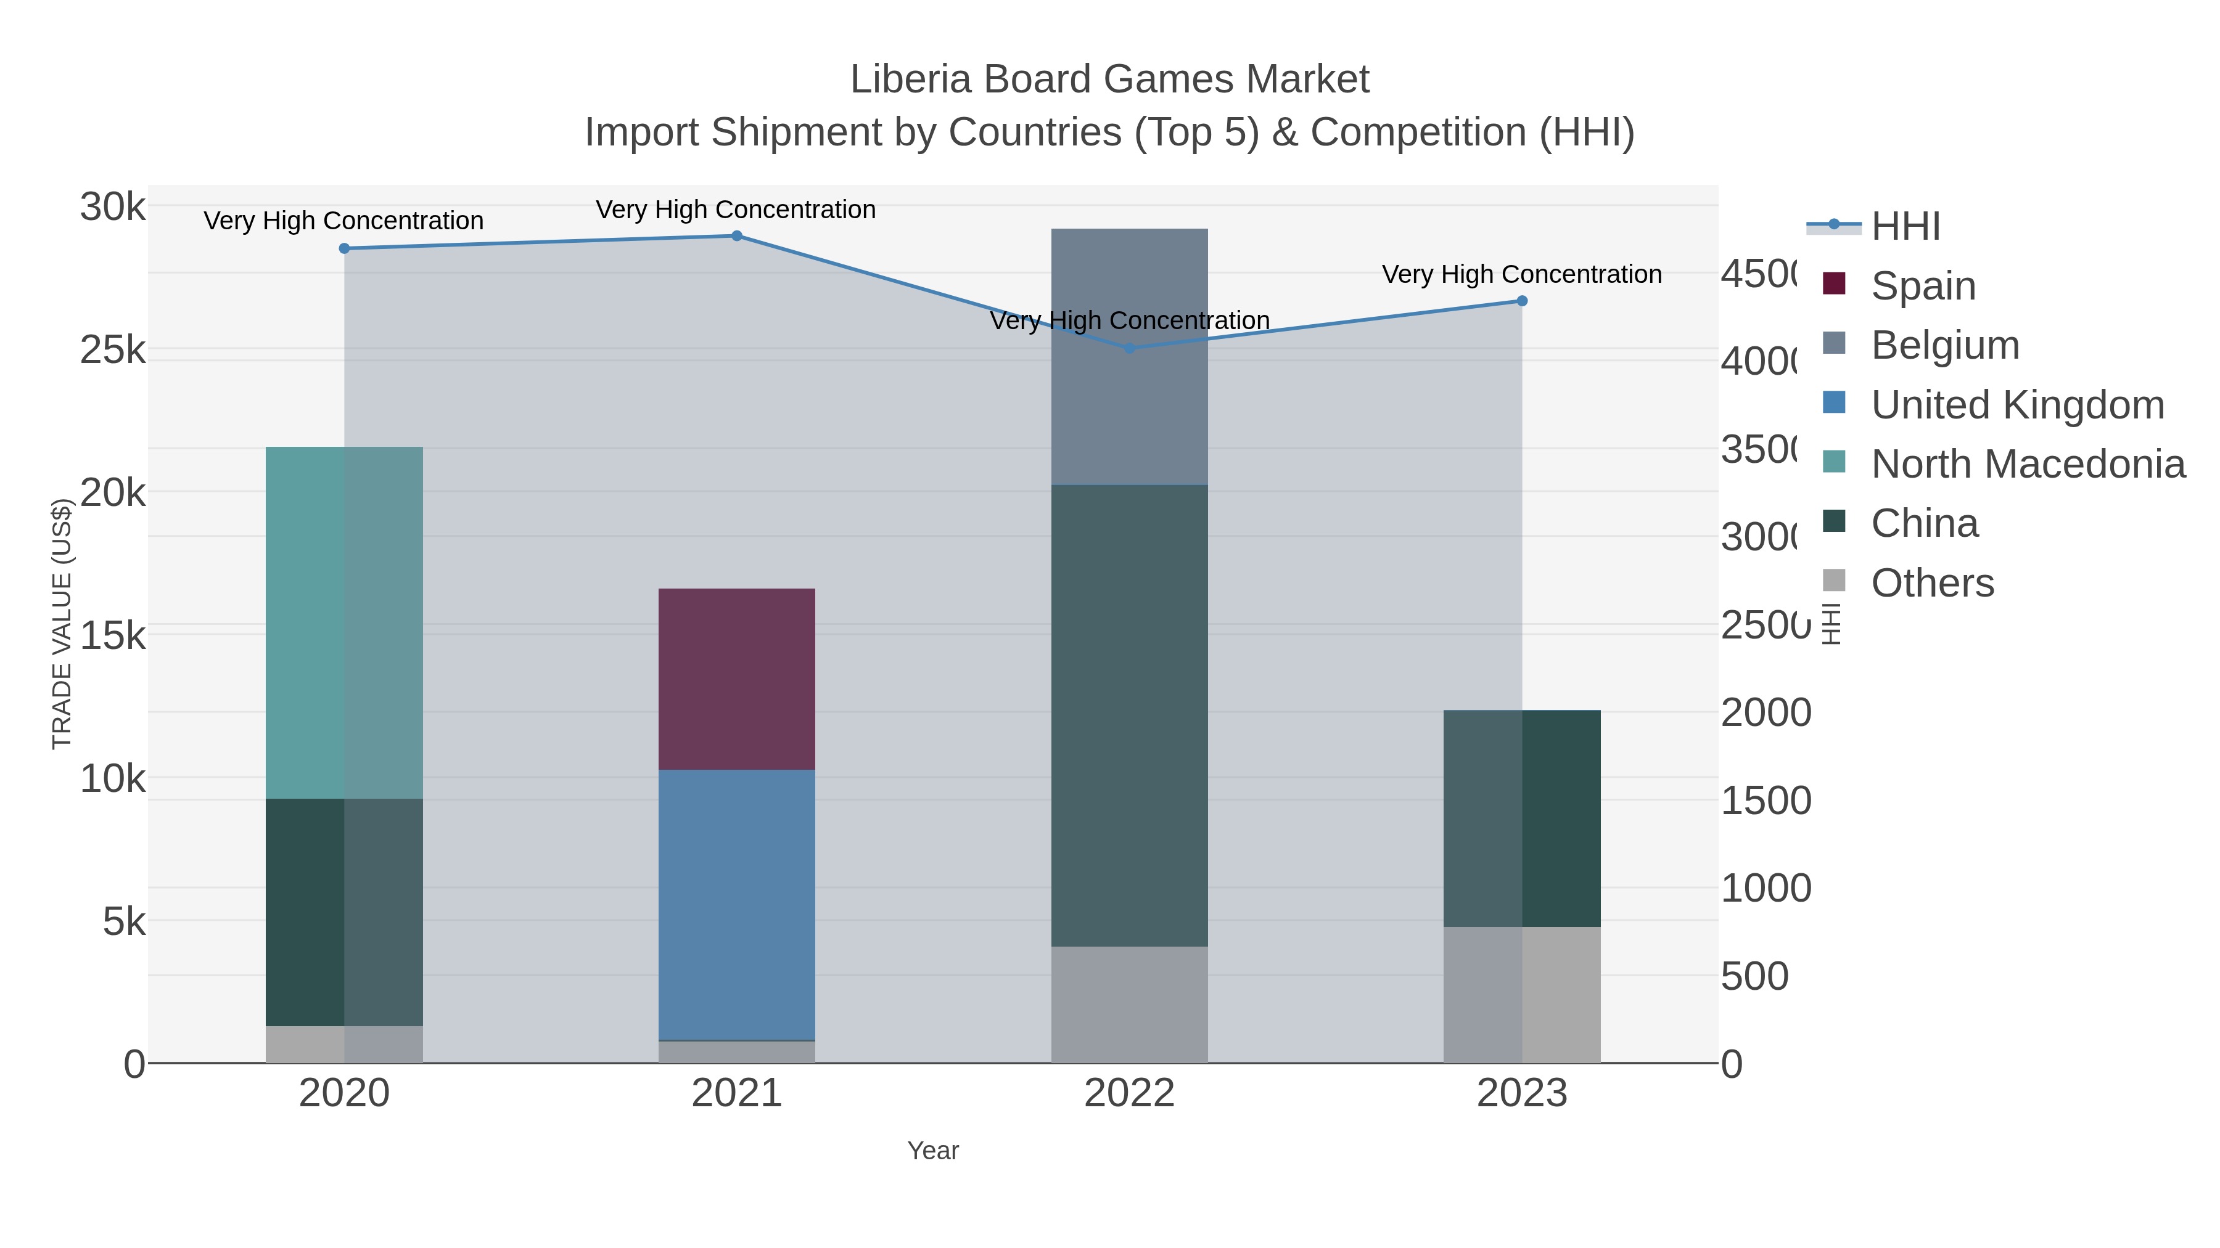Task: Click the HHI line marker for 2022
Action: click(1129, 349)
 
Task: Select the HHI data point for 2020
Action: click(344, 248)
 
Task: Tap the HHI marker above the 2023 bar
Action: click(1522, 301)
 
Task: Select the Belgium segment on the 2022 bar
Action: click(1129, 357)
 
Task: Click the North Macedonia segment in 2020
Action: click(344, 622)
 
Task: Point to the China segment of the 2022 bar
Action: click(1129, 715)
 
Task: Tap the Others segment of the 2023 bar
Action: click(1522, 995)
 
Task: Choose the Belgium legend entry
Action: click(1945, 345)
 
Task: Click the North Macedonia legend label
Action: click(2028, 464)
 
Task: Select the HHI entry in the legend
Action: click(1905, 227)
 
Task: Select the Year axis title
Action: click(932, 1151)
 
